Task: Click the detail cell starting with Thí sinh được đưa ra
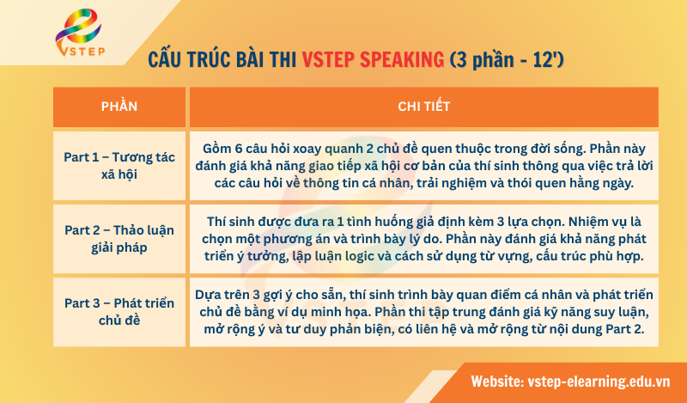pos(424,238)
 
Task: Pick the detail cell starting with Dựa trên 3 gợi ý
pos(424,311)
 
